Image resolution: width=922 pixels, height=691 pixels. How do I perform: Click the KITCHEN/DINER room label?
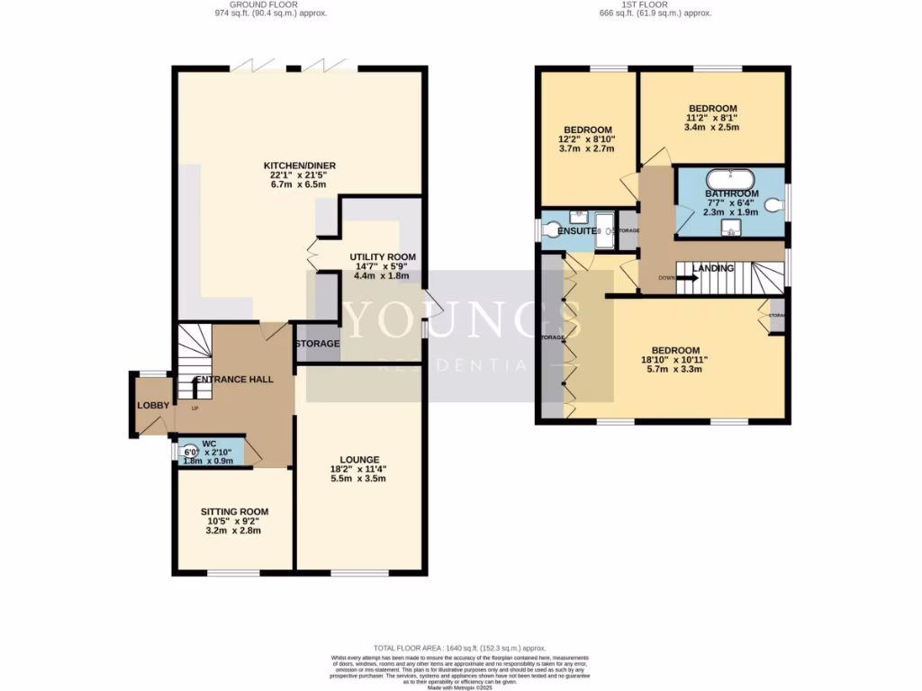point(294,166)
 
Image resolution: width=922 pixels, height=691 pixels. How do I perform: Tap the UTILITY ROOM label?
point(383,256)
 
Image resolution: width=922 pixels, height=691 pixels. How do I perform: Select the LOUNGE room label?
point(359,460)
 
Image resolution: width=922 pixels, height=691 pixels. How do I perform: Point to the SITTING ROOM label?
point(234,512)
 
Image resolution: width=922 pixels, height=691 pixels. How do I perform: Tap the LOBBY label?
point(153,406)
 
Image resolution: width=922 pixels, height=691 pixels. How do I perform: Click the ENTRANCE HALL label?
point(236,380)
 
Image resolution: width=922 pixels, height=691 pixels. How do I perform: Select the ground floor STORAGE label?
point(317,344)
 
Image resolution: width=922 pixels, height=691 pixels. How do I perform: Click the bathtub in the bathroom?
point(730,177)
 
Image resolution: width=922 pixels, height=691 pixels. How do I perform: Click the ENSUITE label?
point(578,231)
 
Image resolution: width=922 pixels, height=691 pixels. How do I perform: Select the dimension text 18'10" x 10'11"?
point(674,360)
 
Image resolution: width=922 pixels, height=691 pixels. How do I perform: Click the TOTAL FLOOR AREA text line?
point(460,648)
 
